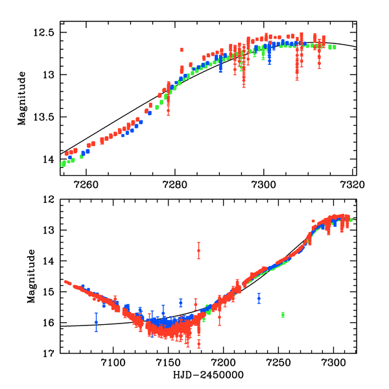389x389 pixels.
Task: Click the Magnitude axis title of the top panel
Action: click(22, 98)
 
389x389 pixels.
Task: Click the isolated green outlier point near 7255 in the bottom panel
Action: click(283, 314)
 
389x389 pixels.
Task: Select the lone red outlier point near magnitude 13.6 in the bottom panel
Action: click(199, 250)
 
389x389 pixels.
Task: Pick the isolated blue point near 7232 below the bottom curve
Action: click(259, 298)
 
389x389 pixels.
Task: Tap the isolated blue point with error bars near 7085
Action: click(96, 322)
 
